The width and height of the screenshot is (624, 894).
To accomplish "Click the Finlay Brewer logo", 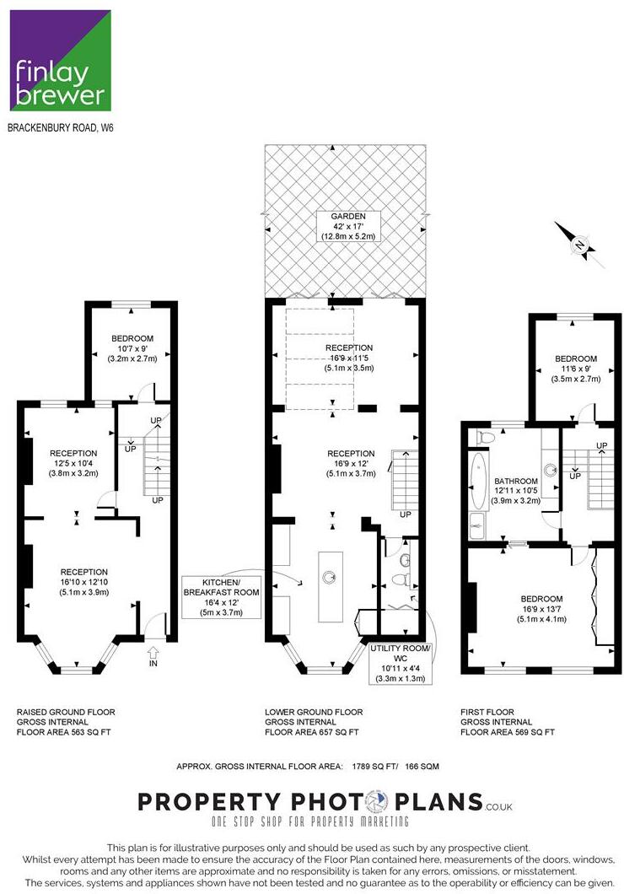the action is pos(61,61).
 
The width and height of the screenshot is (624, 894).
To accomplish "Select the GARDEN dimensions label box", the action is pos(350,226).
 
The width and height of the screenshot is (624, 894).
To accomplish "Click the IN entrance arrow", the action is pos(153,656).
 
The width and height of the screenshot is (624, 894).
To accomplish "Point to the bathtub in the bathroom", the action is pos(478,481).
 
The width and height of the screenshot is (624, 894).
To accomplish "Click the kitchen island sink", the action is pos(330,577).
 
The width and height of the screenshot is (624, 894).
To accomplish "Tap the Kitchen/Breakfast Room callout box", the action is pos(221,597).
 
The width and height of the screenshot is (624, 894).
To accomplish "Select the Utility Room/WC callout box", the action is pos(400,663).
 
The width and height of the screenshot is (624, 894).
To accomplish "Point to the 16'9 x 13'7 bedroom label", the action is pos(541,609).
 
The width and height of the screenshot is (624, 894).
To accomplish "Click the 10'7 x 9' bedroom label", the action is pos(132,348).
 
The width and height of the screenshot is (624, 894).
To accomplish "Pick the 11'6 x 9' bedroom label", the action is pos(576,369).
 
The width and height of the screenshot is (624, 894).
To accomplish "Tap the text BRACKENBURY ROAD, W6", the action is pos(61,127).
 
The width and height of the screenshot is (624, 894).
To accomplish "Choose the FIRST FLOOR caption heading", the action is pos(487,712).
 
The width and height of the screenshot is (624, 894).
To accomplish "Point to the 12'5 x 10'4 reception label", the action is pos(73,463).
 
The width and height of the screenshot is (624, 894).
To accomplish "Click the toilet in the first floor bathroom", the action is pos(486,438).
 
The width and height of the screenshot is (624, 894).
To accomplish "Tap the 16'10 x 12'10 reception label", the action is pos(83,582).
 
